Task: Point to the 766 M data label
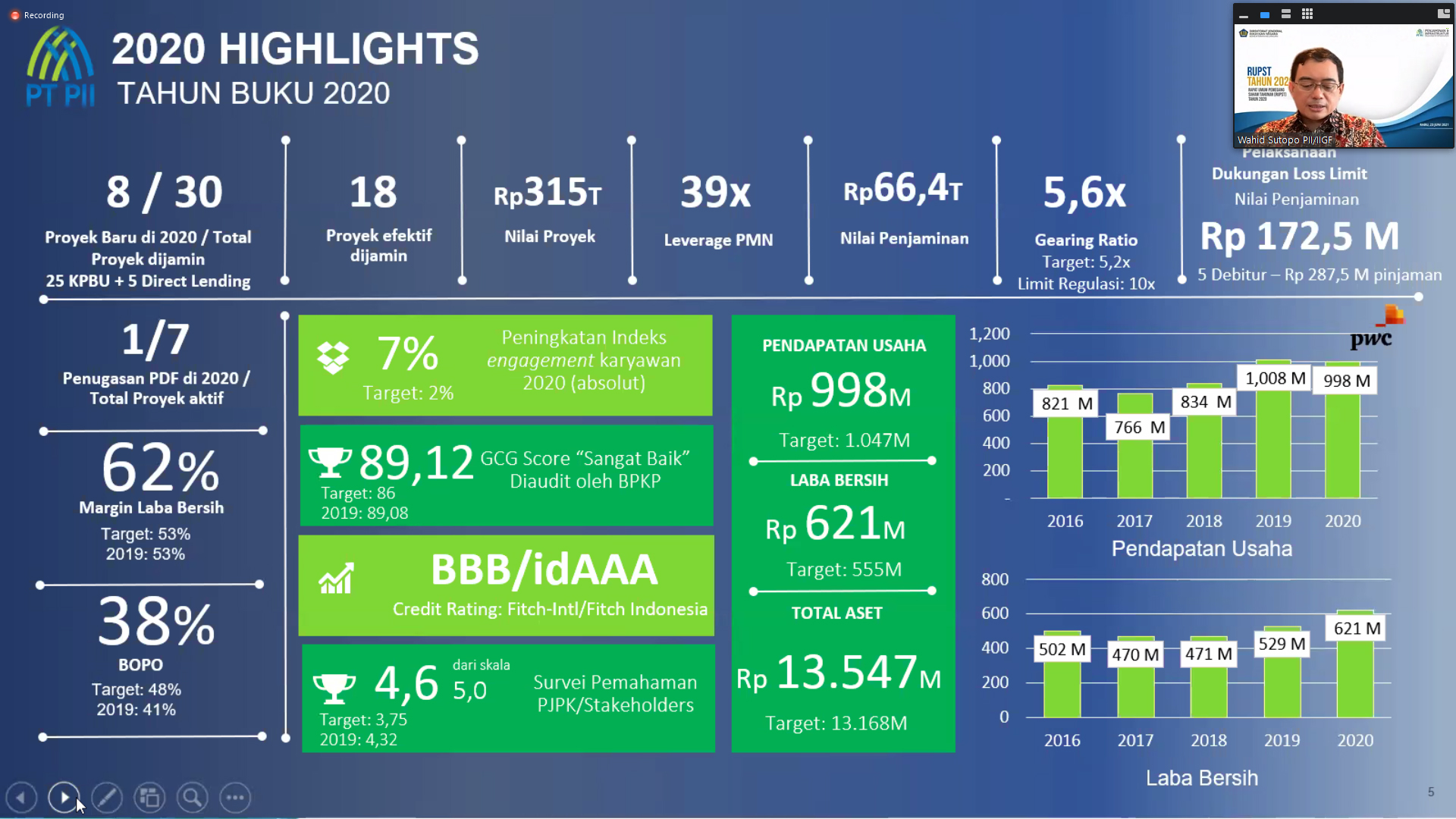(x=1139, y=428)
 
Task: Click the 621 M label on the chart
(x=1357, y=629)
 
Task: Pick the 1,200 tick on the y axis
(x=989, y=334)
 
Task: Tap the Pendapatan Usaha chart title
(x=1201, y=549)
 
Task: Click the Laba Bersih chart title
(x=1201, y=778)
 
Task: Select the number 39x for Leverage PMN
(x=715, y=193)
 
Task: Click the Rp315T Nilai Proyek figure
(x=548, y=193)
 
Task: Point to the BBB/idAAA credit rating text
(x=544, y=570)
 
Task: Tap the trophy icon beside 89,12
(x=330, y=460)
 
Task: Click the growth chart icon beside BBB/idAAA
(x=336, y=579)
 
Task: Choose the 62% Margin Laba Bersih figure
(x=160, y=468)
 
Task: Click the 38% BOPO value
(x=156, y=622)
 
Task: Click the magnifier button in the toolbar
(x=192, y=798)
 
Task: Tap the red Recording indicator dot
(x=15, y=15)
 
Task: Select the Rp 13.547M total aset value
(x=839, y=673)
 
